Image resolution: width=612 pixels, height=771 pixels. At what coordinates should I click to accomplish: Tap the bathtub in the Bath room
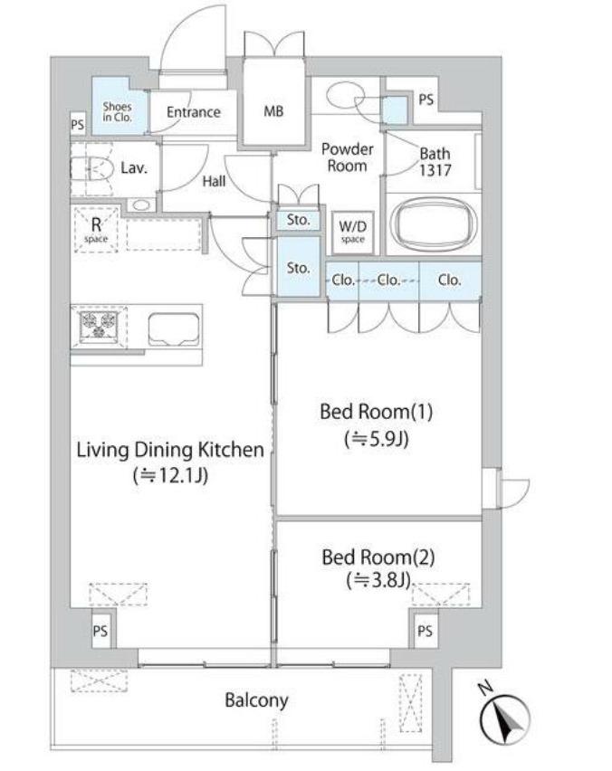coord(434,225)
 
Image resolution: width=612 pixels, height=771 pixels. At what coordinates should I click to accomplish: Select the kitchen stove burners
coord(99,325)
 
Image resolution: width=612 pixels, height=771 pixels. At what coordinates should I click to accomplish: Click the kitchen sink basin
coord(174,329)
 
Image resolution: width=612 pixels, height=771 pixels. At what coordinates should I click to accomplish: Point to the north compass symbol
coord(504,718)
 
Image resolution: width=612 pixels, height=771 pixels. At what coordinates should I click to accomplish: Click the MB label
coord(273,111)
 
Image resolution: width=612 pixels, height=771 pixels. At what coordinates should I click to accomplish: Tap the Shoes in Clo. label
coord(117,112)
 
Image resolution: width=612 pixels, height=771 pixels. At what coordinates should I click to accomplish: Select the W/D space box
coord(353,232)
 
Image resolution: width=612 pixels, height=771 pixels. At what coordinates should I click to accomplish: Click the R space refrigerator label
coord(96,230)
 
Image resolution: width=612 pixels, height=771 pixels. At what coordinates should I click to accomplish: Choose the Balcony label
coord(256,700)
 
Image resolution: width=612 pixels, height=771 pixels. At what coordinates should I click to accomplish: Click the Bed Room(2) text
coord(378,557)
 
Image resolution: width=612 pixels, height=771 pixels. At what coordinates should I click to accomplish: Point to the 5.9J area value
coord(377,439)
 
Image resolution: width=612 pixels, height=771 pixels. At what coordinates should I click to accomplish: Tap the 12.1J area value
coord(170,475)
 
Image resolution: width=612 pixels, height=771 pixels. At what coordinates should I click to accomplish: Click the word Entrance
coord(194,112)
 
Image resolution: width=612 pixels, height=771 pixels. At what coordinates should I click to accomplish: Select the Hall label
coord(214,182)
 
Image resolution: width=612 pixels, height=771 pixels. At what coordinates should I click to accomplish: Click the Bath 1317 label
coord(435,162)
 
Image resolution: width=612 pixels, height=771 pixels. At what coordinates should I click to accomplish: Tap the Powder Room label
coord(348,157)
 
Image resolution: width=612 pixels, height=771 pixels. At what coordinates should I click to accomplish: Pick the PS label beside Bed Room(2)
coord(426,631)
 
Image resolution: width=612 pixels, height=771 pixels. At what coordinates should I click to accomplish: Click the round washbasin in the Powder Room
coord(346,93)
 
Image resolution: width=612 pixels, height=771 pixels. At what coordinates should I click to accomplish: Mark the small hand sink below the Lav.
coord(141,205)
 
